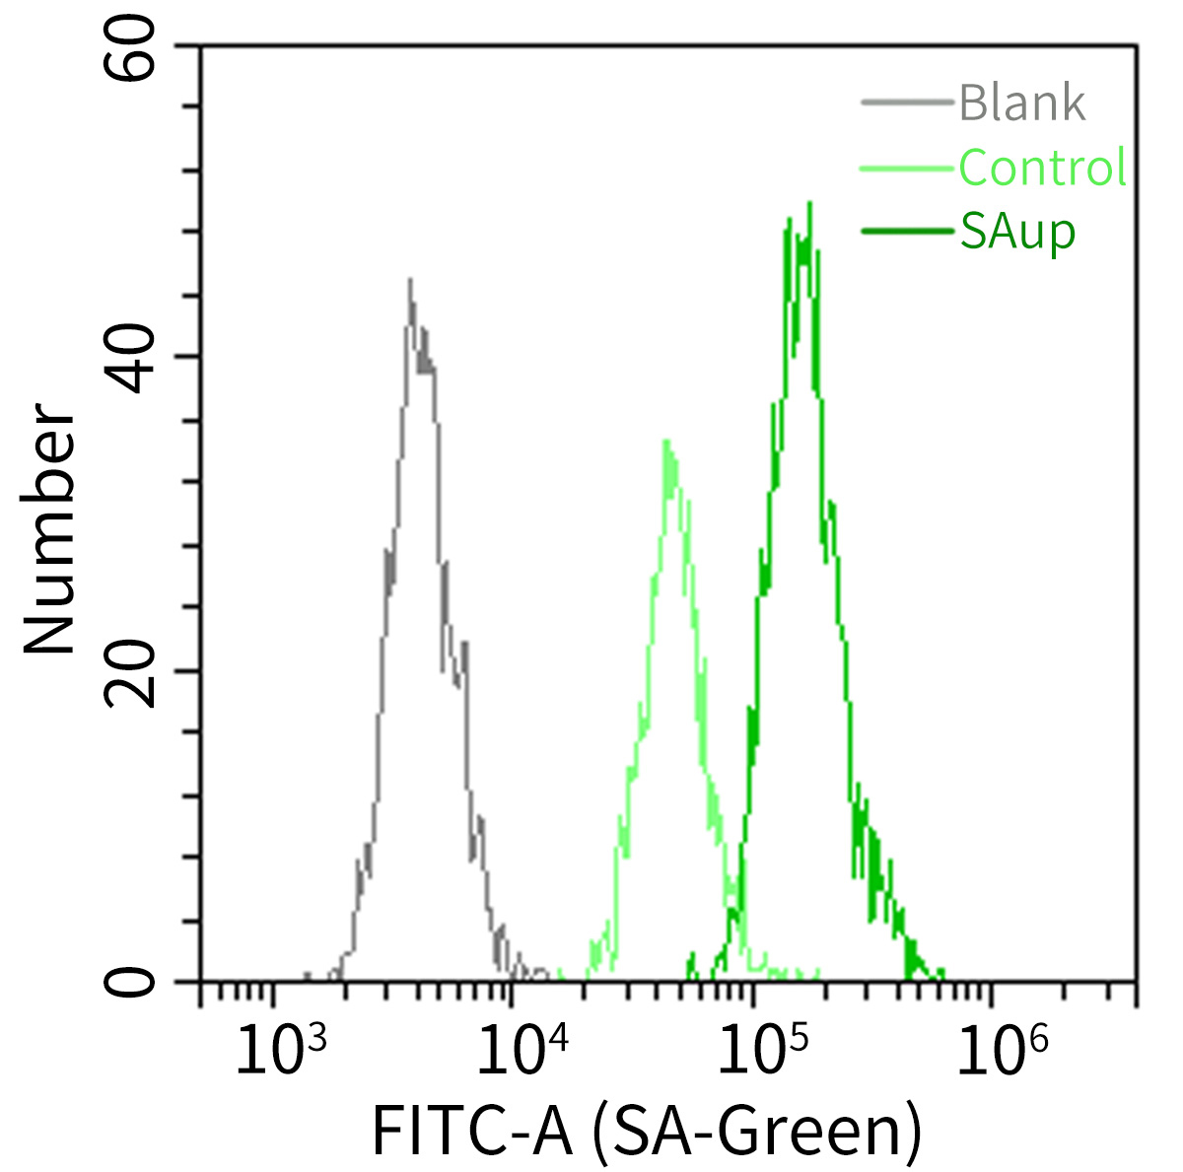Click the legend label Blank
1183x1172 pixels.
pyautogui.click(x=1022, y=103)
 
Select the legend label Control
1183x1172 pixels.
pyautogui.click(x=1042, y=168)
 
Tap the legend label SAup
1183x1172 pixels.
pyautogui.click(x=1017, y=233)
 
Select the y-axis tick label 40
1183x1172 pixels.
pyautogui.click(x=133, y=358)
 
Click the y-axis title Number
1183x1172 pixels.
pyautogui.click(x=49, y=530)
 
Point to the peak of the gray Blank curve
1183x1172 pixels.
pyautogui.click(x=410, y=280)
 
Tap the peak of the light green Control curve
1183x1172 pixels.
pyautogui.click(x=667, y=441)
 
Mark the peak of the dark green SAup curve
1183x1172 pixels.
pyautogui.click(x=809, y=204)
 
